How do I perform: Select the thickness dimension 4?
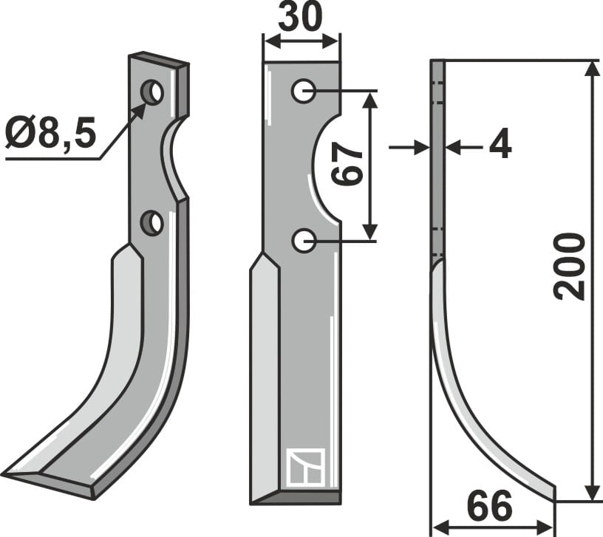tap(500, 147)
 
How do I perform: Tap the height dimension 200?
tap(570, 266)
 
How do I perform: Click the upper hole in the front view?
tap(303, 92)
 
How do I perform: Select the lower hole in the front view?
tap(303, 240)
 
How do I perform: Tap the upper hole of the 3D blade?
tap(153, 93)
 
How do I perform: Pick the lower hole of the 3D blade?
tap(152, 222)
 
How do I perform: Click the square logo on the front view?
tap(303, 467)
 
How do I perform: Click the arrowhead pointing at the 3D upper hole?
tap(138, 111)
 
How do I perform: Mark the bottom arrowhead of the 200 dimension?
tap(592, 492)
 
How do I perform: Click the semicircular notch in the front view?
tap(325, 166)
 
